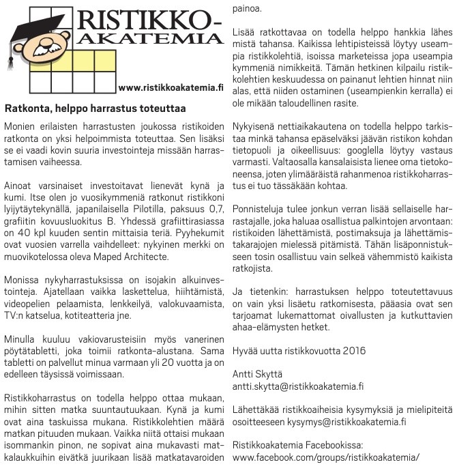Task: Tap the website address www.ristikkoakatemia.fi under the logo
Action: tap(171, 88)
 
